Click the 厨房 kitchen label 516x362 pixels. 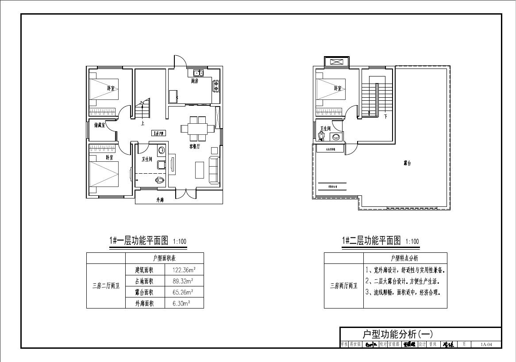195,81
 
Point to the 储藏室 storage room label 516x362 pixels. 100,125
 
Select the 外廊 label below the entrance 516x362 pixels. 160,200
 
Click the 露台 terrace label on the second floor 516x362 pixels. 407,163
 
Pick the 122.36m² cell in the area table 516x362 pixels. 185,270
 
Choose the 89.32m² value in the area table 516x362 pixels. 184,281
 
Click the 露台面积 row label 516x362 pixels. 144,292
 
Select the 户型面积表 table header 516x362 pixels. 164,258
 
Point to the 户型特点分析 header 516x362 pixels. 404,258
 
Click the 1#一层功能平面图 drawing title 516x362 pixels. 139,241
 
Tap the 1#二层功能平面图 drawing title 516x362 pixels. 371,241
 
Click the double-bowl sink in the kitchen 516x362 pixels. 198,73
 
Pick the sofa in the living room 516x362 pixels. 214,170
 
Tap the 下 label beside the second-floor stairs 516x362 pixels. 385,117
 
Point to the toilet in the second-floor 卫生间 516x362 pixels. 322,136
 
